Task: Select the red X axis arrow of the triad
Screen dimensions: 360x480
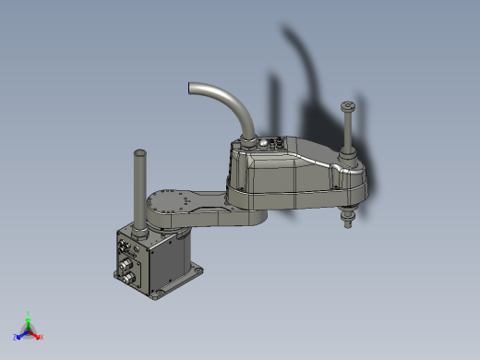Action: point(40,337)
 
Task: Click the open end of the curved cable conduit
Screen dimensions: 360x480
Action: point(192,88)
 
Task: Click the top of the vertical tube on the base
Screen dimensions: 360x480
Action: point(140,151)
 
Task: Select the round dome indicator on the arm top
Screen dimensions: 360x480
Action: point(272,143)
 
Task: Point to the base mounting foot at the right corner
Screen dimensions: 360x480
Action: point(198,270)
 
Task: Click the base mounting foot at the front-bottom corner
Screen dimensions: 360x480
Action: point(153,296)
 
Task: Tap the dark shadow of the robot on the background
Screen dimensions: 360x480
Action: point(309,83)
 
